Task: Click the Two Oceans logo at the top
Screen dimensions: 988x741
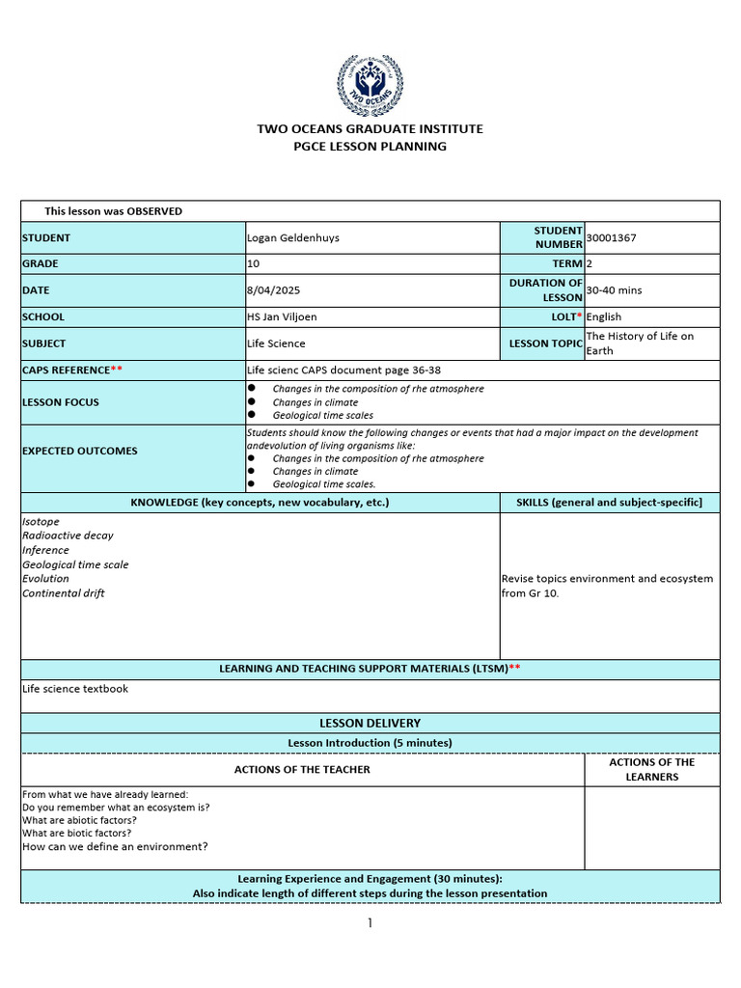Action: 370,86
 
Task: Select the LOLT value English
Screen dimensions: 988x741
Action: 604,316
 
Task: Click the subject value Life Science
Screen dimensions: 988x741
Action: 276,343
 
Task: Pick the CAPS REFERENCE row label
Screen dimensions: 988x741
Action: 72,370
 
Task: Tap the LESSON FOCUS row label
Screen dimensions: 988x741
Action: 61,402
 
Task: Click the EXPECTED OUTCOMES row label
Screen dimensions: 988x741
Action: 80,451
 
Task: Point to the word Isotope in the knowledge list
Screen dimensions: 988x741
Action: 41,521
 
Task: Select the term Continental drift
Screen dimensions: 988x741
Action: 64,593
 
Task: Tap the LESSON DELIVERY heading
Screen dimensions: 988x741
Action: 370,723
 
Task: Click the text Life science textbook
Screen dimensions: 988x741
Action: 75,689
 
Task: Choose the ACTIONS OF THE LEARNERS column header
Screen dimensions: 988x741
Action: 651,769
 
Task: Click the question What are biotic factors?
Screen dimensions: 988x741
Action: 77,833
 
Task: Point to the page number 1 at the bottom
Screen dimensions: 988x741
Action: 369,923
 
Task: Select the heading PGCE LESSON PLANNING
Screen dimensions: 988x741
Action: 370,147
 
